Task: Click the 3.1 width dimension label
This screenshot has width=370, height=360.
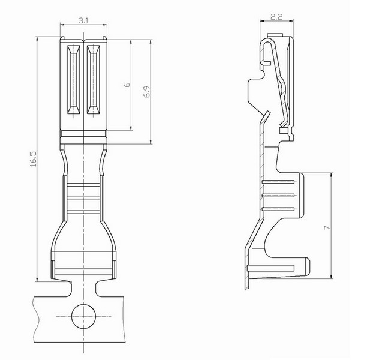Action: (x=83, y=21)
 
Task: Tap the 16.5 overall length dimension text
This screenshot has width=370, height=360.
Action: (x=33, y=159)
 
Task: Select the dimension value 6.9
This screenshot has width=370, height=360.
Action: (x=146, y=91)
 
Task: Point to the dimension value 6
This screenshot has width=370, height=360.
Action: (x=127, y=85)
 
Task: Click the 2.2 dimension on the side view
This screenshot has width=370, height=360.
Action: (x=276, y=17)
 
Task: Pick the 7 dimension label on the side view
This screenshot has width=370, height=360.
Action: (x=327, y=227)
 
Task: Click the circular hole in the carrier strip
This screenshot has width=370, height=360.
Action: (x=84, y=316)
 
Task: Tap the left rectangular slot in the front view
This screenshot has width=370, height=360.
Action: (x=74, y=80)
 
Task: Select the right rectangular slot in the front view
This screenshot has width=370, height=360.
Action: (x=93, y=80)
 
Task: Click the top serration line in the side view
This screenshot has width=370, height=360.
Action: (x=278, y=182)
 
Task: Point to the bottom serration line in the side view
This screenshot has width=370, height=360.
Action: (x=278, y=209)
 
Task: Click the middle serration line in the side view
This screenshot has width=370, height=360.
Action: (x=278, y=196)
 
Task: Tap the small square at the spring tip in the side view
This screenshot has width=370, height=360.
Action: (x=282, y=130)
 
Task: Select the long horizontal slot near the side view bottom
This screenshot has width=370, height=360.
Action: (x=271, y=268)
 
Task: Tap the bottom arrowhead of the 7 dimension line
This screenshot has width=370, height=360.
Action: (x=332, y=276)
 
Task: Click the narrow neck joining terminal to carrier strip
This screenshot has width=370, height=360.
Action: (x=84, y=289)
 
